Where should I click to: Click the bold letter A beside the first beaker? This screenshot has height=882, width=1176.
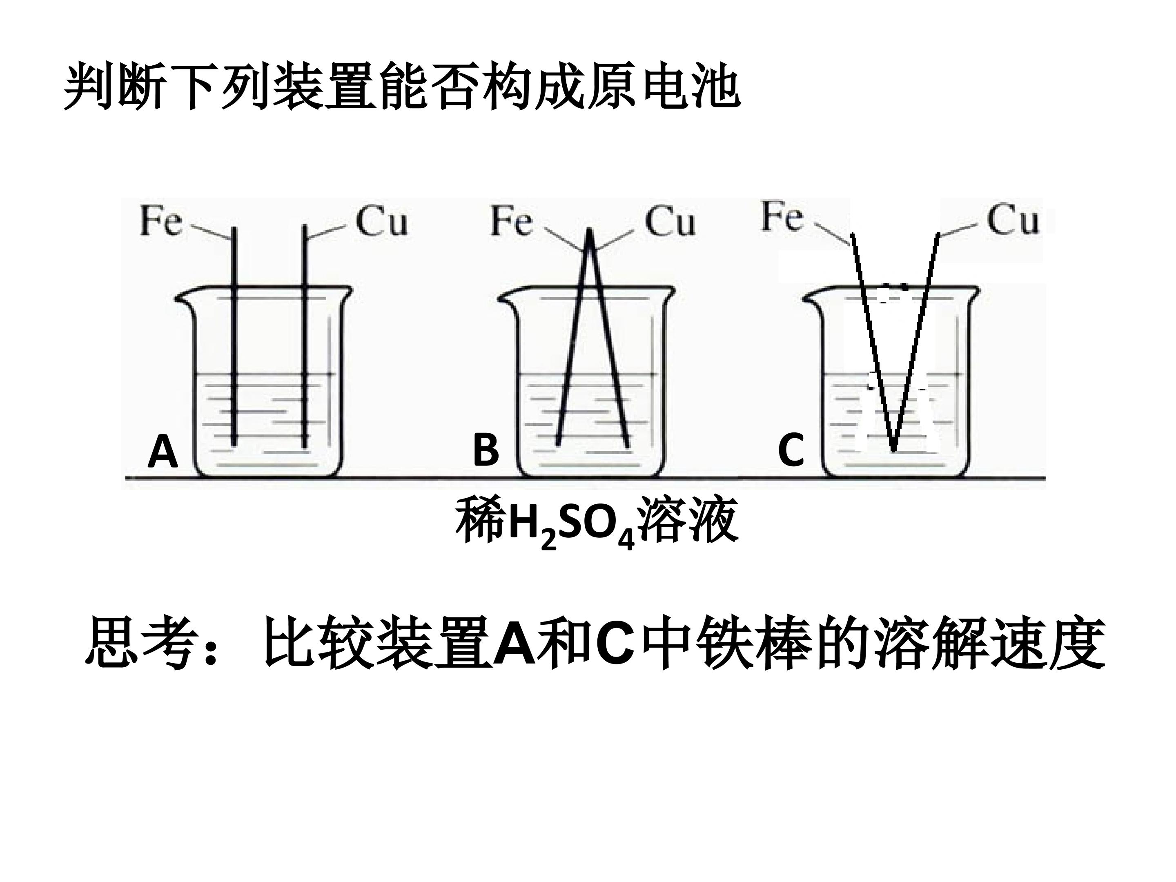[163, 451]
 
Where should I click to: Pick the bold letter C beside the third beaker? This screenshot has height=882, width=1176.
[791, 451]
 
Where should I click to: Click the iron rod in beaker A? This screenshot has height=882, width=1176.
[234, 336]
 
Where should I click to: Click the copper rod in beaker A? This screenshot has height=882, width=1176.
[305, 336]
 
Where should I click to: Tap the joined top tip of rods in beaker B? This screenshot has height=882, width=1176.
[590, 229]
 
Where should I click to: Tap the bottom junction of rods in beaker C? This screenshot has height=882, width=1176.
[894, 449]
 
